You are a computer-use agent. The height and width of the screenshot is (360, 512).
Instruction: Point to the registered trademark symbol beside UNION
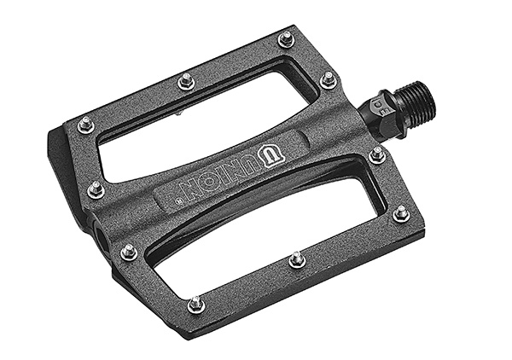178,202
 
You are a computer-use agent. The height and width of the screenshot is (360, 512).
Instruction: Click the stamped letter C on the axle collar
378,104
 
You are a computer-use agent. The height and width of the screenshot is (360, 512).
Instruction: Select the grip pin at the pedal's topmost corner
287,39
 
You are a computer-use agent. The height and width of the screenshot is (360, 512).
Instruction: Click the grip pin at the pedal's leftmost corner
86,125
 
